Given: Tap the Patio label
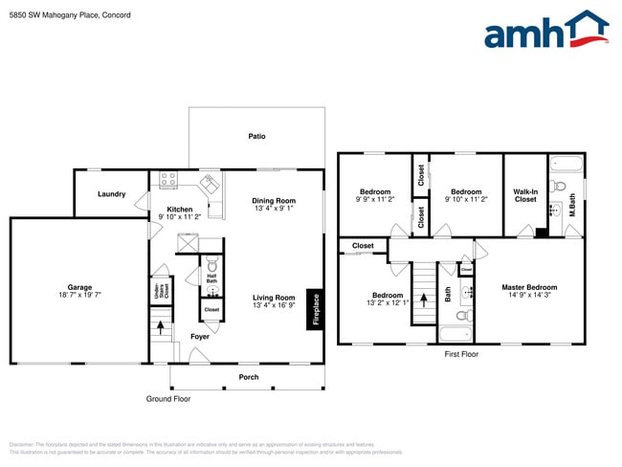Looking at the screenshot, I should click(x=256, y=136).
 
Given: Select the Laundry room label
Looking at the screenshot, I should click(x=112, y=194).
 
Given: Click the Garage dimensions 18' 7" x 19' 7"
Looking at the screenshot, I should click(x=78, y=295).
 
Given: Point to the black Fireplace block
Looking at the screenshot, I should click(x=315, y=309).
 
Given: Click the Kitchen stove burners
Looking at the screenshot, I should click(x=168, y=180).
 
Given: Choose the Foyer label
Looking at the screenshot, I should click(x=199, y=337).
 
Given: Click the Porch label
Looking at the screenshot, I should click(x=248, y=377).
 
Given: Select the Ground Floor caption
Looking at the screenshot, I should click(x=167, y=398).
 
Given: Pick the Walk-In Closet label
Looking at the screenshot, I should click(x=525, y=195).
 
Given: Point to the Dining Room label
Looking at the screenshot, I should click(x=273, y=201).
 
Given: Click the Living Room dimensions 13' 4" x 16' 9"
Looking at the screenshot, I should click(x=273, y=305).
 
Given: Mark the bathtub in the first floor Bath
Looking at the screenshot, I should click(x=455, y=335).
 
